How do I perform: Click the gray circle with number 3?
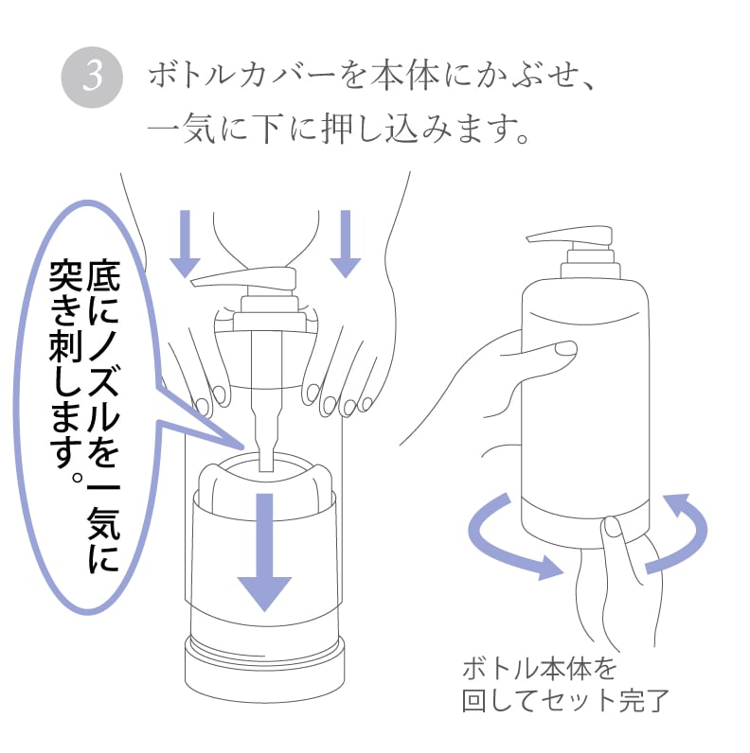(92, 77)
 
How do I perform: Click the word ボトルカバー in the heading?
(241, 76)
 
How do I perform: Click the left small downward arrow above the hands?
(185, 244)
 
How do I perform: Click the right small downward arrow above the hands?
(346, 244)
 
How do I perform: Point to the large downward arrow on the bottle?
(265, 552)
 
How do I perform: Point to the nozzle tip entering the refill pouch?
(266, 464)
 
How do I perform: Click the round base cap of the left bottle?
(265, 669)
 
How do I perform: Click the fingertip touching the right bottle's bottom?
(612, 526)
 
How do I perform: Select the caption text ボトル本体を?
(539, 669)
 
